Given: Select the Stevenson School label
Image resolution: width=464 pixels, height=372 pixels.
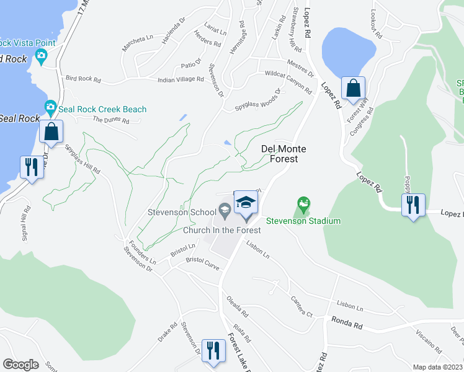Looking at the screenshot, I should coord(182,212).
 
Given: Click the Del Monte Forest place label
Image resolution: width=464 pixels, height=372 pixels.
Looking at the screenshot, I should coord(279,154).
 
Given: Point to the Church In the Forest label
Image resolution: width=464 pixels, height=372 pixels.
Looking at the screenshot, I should coord(221,230).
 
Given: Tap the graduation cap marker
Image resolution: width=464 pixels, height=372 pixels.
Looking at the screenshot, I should coord(246,203).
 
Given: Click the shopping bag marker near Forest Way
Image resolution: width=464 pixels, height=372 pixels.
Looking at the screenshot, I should coord(353,89).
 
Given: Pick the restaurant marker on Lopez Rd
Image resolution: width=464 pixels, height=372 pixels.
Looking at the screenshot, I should coord(413,203).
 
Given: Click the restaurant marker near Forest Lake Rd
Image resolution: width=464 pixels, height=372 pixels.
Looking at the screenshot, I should coord(213,350).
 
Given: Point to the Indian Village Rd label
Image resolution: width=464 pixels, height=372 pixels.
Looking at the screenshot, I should coord(181,79).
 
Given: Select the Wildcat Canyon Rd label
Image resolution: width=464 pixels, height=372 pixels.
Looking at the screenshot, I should coord(288,82).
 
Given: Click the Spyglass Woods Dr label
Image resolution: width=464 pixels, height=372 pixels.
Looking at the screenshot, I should coord(257,100).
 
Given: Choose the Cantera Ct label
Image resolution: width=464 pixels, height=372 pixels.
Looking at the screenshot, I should coord(301,306).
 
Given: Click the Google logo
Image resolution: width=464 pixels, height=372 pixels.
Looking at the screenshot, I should coord(20,365).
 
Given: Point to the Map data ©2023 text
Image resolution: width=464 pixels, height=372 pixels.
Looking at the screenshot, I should coord(437,367).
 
